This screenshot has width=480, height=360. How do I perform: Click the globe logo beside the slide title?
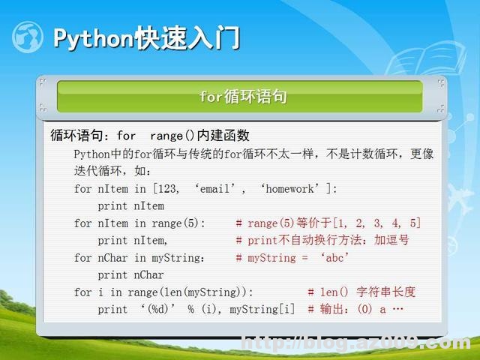[28, 37]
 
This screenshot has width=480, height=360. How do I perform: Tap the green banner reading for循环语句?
[239, 97]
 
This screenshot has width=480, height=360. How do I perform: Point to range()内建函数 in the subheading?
[199, 136]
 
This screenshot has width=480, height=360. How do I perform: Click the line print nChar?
[130, 274]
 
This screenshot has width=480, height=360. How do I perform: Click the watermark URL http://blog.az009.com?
[355, 343]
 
